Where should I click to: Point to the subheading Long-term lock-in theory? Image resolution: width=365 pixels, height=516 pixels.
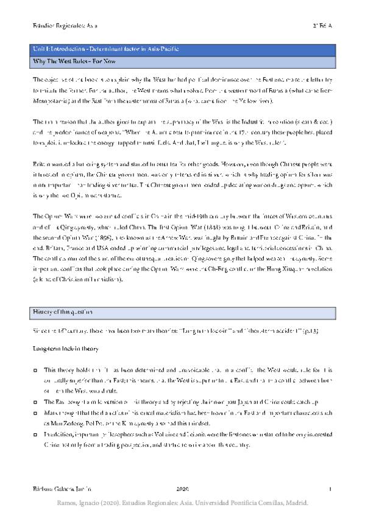point(66,349)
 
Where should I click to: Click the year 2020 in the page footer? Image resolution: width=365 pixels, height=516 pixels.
point(183,489)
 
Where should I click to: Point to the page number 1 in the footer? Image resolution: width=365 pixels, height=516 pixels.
point(330,489)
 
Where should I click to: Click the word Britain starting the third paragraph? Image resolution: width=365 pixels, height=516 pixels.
point(41,163)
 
